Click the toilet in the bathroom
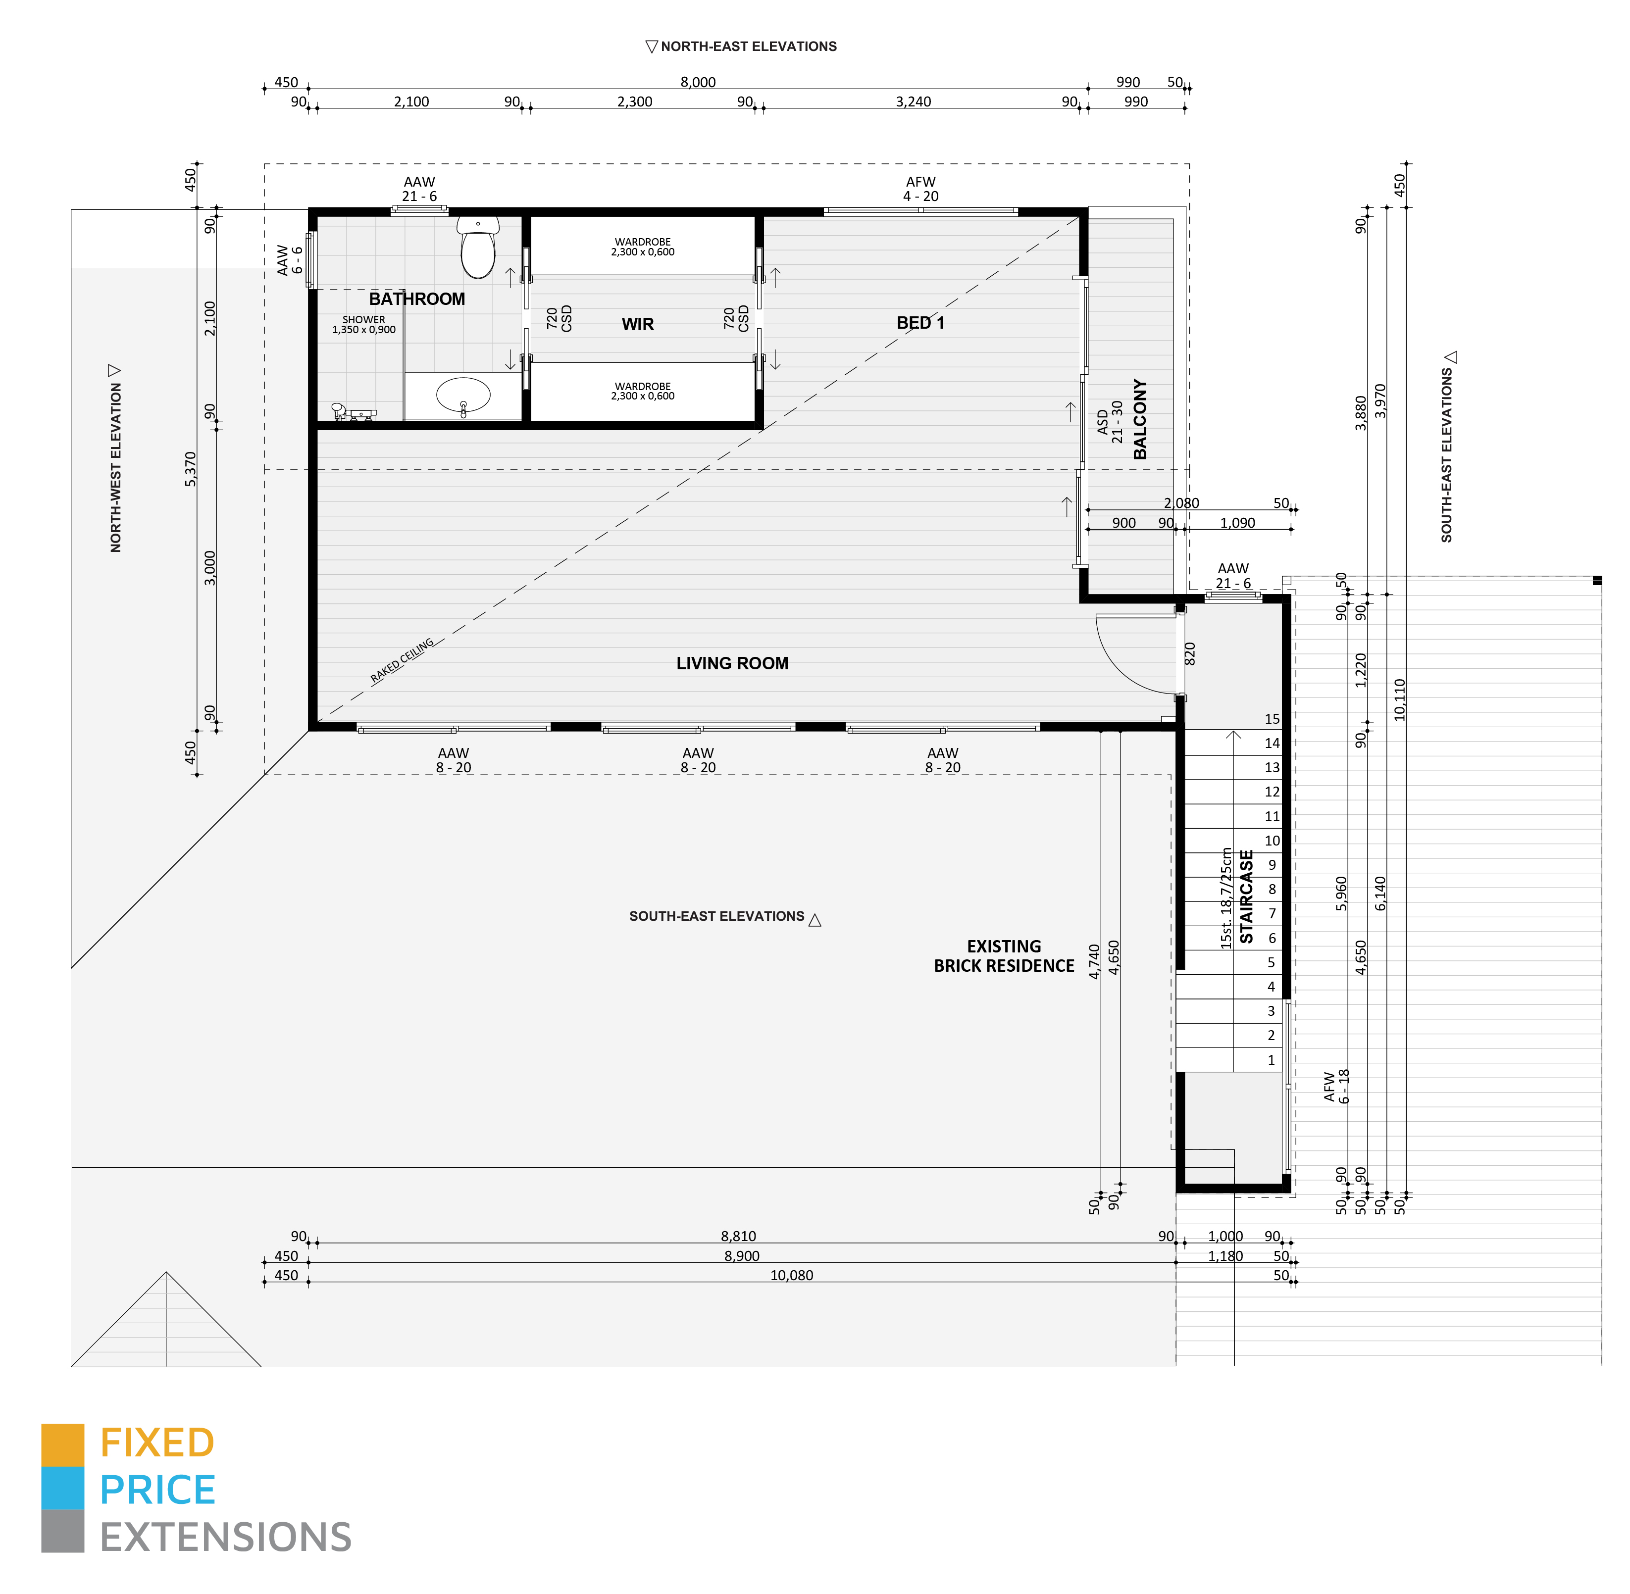478,249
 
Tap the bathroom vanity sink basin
463,395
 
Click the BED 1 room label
920,323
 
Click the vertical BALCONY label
1139,419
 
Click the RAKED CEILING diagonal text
402,661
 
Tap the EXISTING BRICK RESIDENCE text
1004,956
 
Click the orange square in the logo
63,1444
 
